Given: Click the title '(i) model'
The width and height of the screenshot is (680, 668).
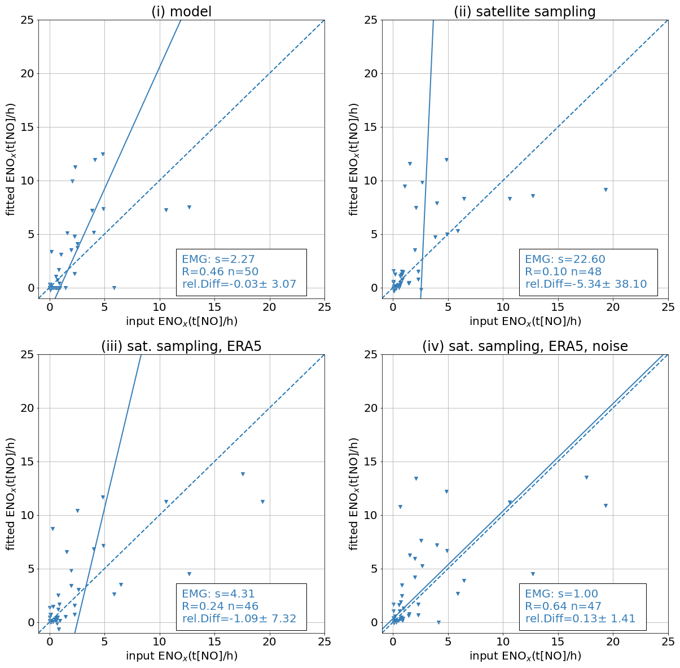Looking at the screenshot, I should pos(181,11).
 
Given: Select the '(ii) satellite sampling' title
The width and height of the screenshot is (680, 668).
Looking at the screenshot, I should pos(524,11).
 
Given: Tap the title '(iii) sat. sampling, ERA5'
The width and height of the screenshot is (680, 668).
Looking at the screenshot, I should pos(181,346).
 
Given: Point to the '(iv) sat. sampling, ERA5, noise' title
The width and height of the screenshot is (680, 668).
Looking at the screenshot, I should pos(524,346).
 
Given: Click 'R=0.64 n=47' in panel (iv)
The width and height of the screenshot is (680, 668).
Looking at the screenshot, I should pos(563,607).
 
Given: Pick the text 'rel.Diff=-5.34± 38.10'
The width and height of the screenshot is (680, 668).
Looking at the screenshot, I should pos(586,284).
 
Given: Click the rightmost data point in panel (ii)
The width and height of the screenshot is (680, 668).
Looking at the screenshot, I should pos(606,190).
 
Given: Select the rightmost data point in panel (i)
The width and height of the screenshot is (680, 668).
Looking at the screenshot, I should pos(189,207).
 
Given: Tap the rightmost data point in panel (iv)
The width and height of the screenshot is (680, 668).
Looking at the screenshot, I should pos(606,506).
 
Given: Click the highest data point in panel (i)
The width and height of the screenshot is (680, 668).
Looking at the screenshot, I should pos(103,154).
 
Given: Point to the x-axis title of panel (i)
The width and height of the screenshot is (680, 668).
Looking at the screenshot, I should pos(181,321).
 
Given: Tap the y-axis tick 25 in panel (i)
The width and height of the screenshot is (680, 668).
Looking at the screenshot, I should pos(27,20).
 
